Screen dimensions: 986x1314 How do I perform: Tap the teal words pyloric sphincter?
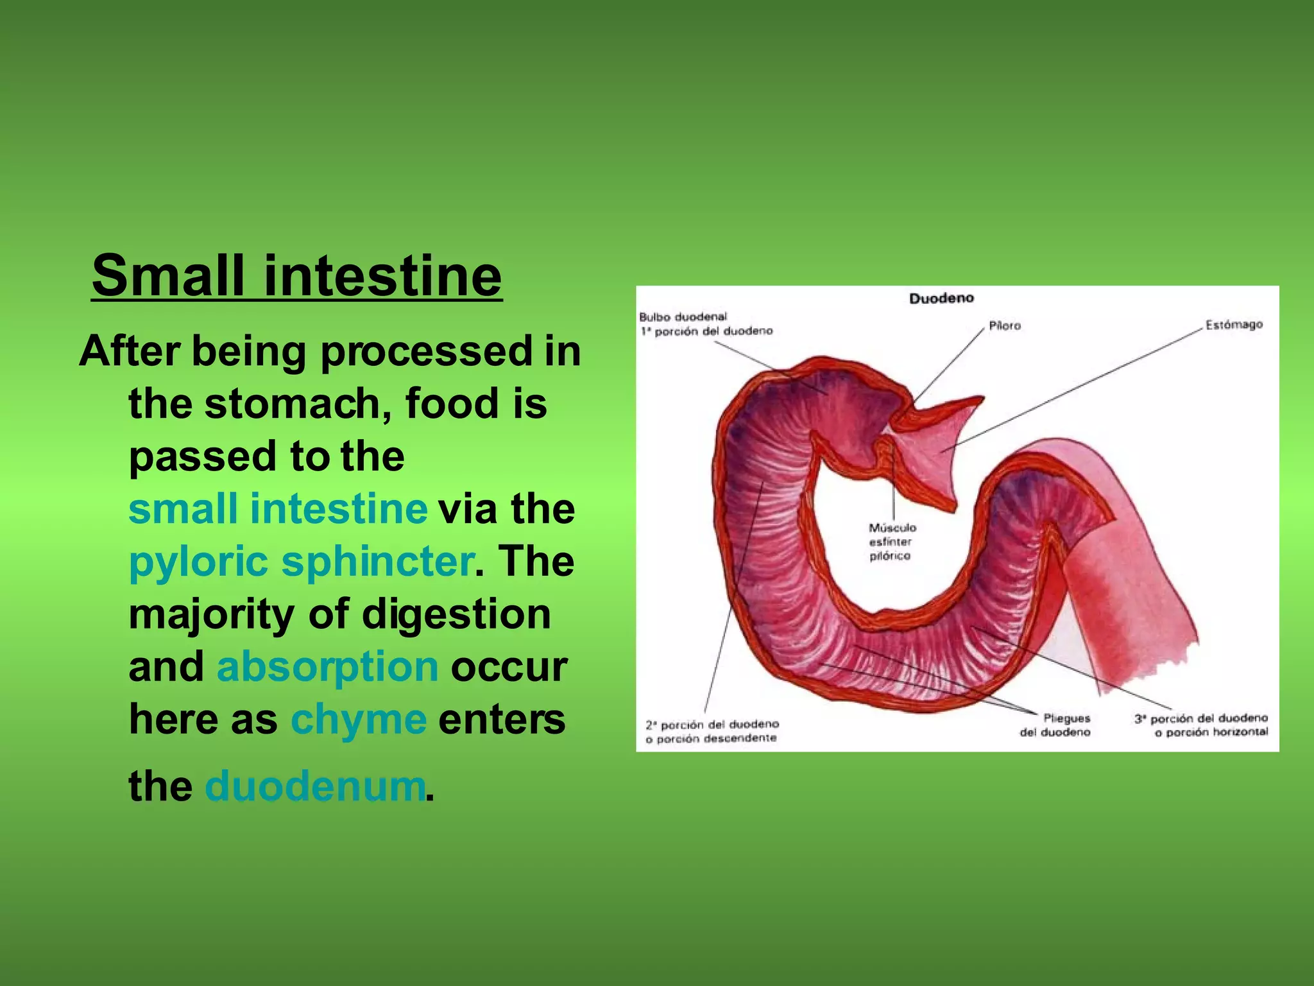(301, 561)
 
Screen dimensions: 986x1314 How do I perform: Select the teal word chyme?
(358, 719)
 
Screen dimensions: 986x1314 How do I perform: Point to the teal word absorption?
(327, 666)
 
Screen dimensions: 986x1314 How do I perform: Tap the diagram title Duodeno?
(941, 298)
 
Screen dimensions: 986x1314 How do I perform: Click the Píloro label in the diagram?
(1004, 326)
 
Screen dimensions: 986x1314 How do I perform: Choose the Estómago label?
(1233, 325)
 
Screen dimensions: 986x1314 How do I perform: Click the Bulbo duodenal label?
(683, 317)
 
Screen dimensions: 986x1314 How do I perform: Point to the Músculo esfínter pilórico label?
(892, 542)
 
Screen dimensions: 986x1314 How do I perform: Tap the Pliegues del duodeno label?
(1055, 725)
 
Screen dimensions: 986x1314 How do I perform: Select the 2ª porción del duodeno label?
(712, 731)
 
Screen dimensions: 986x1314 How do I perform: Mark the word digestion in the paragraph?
(456, 614)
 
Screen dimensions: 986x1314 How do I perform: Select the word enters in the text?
(502, 719)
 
